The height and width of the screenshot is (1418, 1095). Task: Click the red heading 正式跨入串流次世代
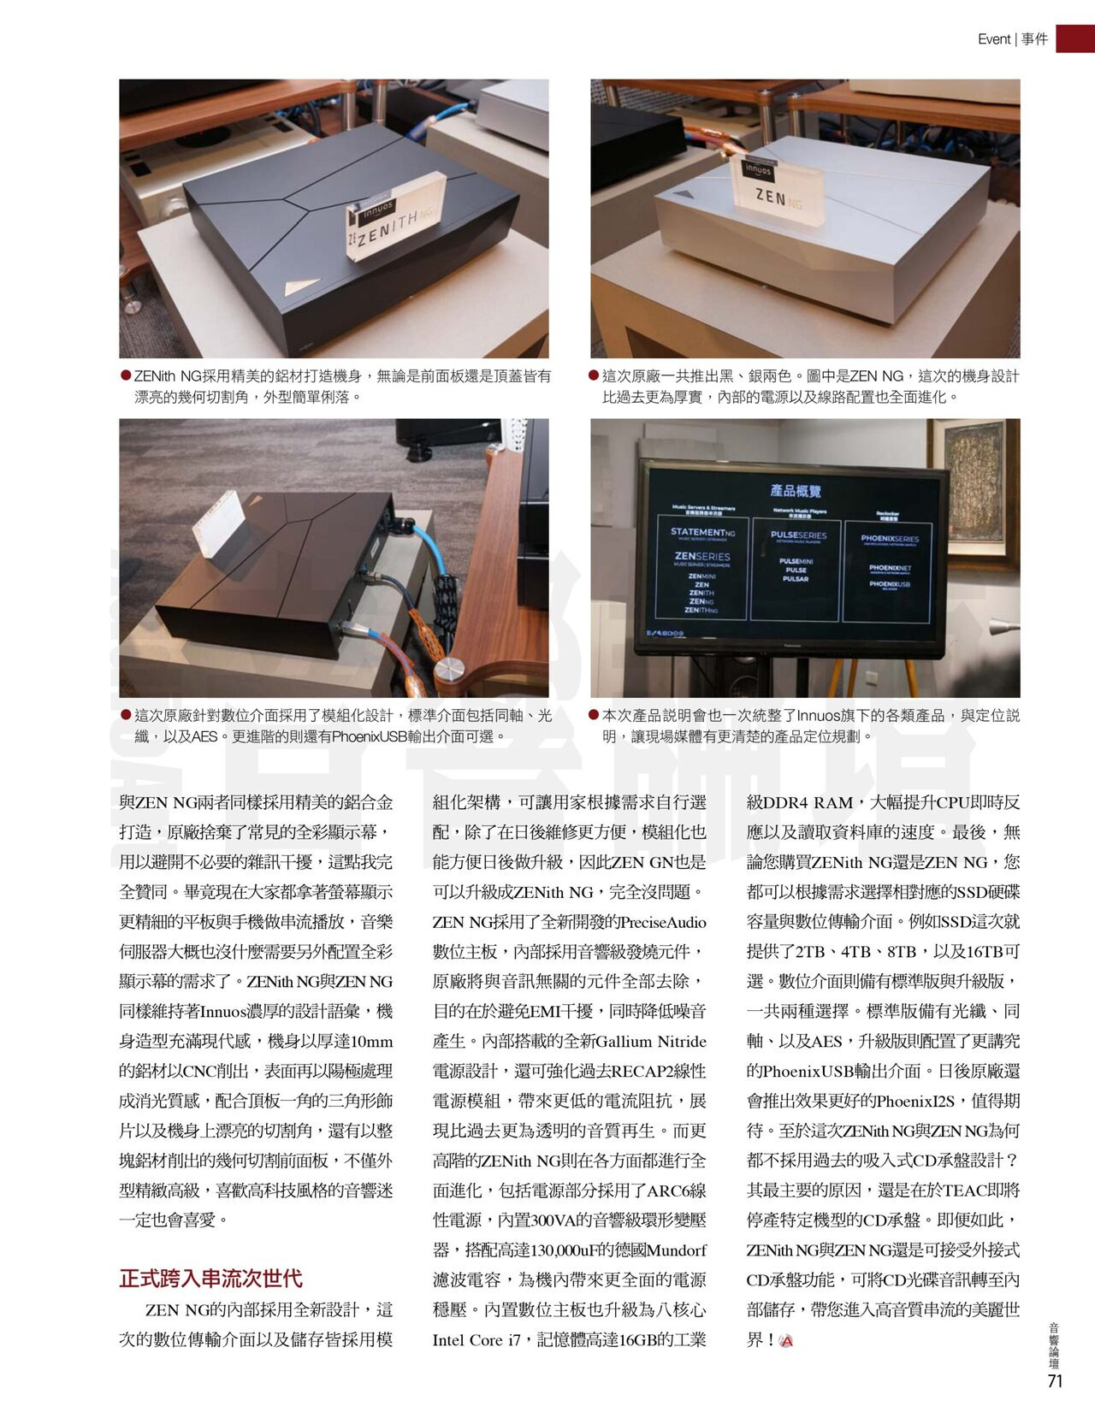point(210,1278)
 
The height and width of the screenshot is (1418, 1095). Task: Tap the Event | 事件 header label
point(1012,39)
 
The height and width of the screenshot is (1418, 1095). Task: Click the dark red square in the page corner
point(1075,38)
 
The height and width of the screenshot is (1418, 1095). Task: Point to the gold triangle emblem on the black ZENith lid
point(301,286)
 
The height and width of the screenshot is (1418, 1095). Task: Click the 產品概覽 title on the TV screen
point(796,490)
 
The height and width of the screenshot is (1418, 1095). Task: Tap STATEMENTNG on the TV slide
point(703,533)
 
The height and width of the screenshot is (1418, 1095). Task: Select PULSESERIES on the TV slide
point(798,535)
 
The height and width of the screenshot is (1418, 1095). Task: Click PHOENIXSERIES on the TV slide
point(890,538)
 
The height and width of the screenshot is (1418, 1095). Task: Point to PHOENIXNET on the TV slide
point(890,568)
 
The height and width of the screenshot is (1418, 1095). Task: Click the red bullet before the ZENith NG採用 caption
point(126,375)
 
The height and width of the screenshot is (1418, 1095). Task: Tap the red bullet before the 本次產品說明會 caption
point(594,714)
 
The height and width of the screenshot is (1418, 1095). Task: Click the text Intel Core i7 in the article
point(476,1339)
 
